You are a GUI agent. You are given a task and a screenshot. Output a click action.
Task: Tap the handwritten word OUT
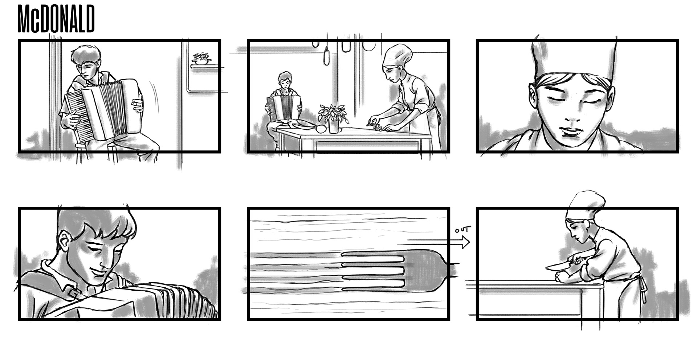click(x=463, y=230)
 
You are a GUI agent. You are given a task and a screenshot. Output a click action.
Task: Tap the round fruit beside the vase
click(x=321, y=129)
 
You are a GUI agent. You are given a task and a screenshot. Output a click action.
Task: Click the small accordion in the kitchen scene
click(x=284, y=108)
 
